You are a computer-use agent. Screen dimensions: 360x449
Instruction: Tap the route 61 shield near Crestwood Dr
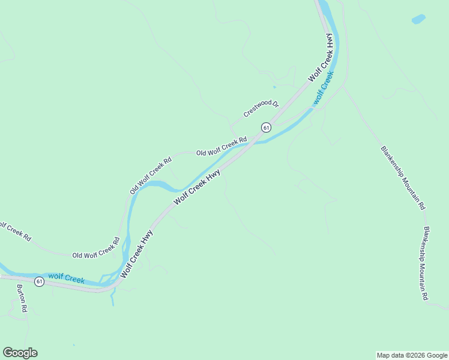click(266, 127)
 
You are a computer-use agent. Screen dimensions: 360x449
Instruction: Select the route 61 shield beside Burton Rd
click(39, 281)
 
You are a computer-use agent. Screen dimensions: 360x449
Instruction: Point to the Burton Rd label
click(22, 298)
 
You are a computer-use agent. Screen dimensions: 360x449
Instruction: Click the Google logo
click(20, 353)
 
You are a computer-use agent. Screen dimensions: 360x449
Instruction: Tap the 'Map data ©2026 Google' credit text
click(411, 355)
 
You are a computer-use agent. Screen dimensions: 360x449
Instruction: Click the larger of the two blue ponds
click(418, 19)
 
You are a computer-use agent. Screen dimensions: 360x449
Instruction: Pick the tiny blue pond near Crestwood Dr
click(274, 88)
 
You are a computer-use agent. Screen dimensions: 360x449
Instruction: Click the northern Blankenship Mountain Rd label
click(403, 178)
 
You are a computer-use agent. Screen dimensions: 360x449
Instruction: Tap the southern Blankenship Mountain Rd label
click(426, 263)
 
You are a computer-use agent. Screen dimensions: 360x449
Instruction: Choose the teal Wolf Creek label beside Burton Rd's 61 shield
click(66, 278)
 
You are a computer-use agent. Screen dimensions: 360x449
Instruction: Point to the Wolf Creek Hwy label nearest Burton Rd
click(136, 253)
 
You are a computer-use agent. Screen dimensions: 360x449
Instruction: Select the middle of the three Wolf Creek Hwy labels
click(197, 187)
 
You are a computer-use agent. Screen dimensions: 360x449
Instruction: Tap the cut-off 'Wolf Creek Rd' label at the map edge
click(15, 231)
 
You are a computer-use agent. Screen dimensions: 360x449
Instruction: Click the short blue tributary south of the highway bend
click(112, 298)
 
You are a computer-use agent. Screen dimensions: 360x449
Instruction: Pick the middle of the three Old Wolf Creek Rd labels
click(151, 175)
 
